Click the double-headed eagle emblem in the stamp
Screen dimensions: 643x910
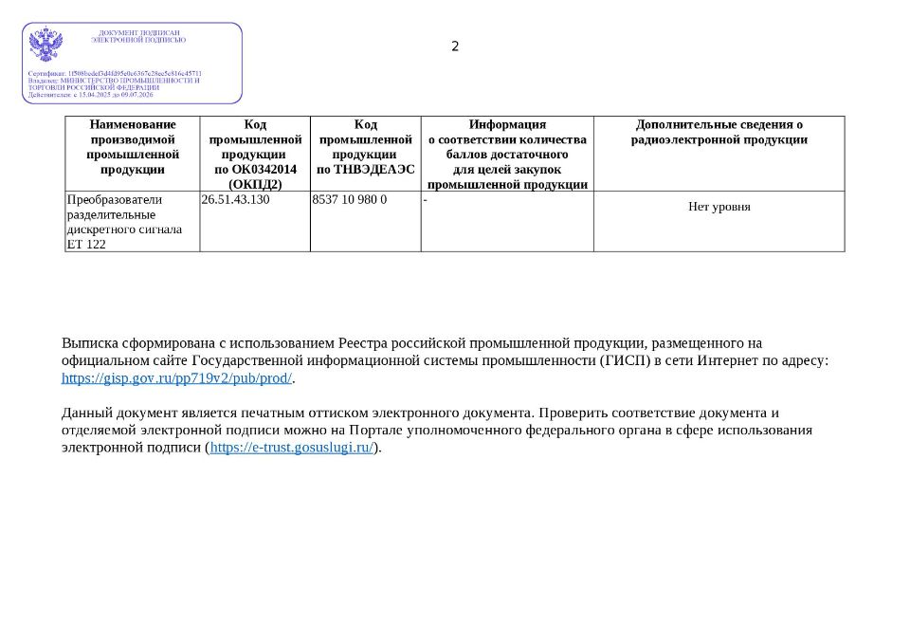(45, 45)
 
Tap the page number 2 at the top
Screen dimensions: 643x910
(455, 46)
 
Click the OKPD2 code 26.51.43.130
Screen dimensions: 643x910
(235, 200)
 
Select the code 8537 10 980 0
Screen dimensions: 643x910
(349, 200)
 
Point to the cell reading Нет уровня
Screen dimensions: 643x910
(719, 207)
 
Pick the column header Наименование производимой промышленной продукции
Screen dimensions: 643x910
(133, 147)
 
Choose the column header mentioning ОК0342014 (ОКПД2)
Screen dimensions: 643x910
(255, 154)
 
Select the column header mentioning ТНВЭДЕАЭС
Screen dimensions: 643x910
(365, 147)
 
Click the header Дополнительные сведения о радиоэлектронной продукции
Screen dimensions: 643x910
(719, 132)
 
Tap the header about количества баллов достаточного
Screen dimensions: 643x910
(507, 154)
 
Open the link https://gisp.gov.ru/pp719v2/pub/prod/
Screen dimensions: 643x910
(176, 378)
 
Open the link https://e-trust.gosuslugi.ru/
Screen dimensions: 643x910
(292, 448)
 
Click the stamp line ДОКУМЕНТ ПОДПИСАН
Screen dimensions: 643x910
(139, 33)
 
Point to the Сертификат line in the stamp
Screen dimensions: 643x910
(115, 73)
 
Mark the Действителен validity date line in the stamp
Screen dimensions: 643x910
(90, 95)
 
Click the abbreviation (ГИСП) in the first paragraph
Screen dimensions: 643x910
(626, 360)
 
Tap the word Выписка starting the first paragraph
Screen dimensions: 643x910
(90, 343)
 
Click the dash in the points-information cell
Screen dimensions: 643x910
(426, 200)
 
